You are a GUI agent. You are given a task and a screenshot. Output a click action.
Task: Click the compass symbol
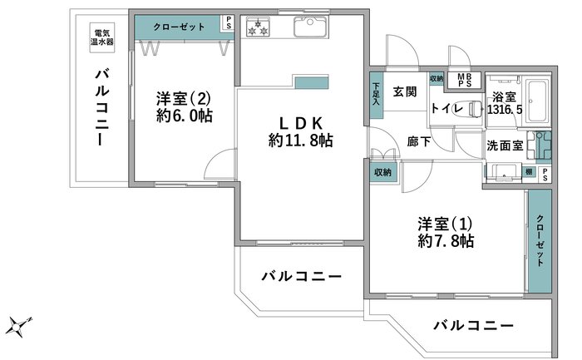(x=17, y=327)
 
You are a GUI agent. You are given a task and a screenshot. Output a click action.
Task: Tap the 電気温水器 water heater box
(x=101, y=37)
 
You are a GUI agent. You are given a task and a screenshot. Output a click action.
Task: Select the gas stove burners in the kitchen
(x=258, y=27)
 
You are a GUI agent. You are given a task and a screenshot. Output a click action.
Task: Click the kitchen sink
(x=311, y=27)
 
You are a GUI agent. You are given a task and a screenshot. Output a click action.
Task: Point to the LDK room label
(x=301, y=122)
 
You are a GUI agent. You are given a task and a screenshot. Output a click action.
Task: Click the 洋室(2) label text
(x=183, y=99)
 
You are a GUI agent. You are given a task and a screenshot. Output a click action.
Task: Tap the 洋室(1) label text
(x=445, y=224)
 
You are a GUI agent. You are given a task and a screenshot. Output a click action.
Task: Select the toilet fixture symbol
(x=476, y=108)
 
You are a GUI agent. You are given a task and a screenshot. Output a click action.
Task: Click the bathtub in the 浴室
(x=537, y=101)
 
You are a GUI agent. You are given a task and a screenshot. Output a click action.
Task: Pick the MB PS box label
(x=464, y=80)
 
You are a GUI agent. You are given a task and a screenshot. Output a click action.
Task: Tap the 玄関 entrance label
(x=405, y=91)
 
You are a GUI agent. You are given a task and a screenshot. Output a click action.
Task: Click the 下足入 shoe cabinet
(x=376, y=96)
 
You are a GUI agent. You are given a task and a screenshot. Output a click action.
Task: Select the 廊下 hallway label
(x=419, y=142)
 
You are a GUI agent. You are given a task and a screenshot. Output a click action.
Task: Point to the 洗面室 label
(x=505, y=145)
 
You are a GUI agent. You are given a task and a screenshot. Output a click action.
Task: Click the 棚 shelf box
(x=529, y=171)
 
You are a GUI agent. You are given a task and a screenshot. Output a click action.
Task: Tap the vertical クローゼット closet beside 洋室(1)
(x=540, y=241)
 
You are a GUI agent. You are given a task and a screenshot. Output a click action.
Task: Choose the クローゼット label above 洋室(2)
(x=179, y=27)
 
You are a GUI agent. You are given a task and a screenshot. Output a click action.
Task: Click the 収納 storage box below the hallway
(x=383, y=172)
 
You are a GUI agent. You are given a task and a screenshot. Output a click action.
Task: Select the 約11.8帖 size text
(x=301, y=141)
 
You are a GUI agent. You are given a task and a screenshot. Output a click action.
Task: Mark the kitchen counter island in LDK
(x=312, y=82)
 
